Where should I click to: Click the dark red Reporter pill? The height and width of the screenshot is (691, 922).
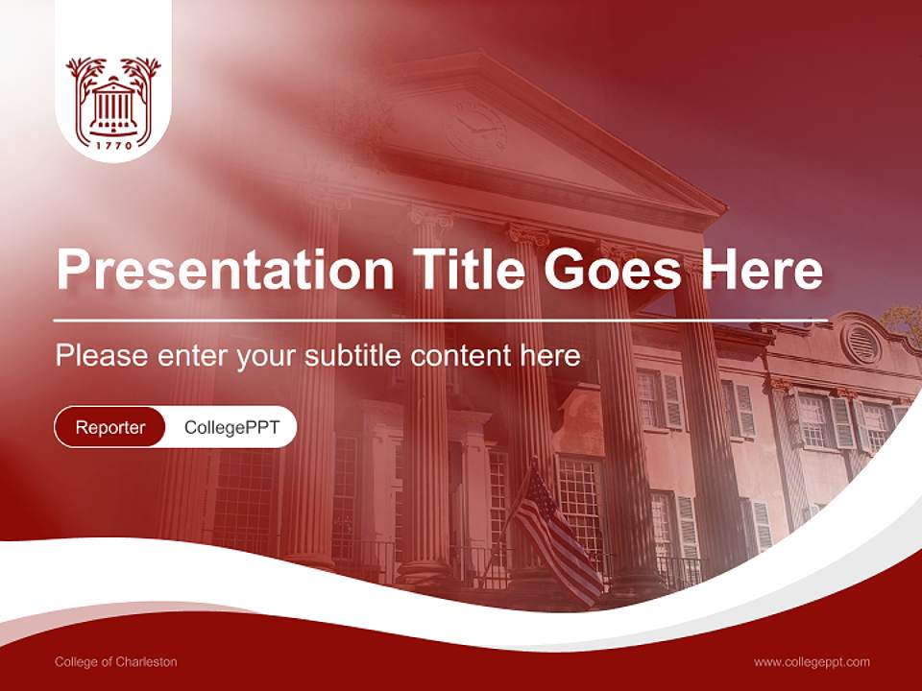click(x=110, y=427)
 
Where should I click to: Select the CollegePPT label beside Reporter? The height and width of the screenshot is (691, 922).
click(x=231, y=427)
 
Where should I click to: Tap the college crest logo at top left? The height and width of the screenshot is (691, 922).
click(x=113, y=96)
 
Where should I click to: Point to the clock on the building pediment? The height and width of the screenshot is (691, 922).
click(x=474, y=130)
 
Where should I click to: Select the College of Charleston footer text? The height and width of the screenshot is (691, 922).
click(x=116, y=661)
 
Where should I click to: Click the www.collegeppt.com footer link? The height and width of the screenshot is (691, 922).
click(x=812, y=661)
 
